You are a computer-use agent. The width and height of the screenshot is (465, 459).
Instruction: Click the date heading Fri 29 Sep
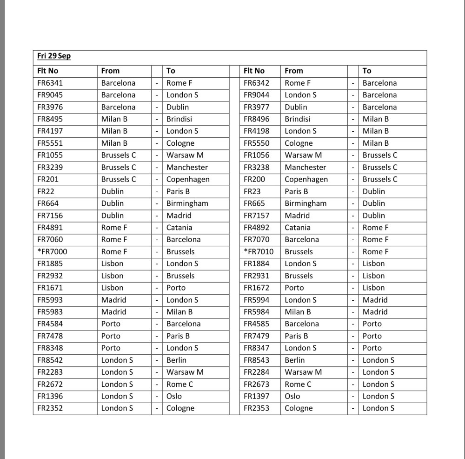point(54,56)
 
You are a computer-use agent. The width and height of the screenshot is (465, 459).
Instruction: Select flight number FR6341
point(50,83)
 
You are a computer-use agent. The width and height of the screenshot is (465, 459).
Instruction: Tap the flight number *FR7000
point(52,251)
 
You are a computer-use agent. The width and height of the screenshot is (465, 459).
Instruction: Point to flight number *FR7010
point(259,251)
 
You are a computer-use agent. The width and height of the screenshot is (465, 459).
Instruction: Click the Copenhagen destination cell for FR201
point(188,179)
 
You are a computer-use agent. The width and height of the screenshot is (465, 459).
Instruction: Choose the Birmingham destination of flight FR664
point(187,203)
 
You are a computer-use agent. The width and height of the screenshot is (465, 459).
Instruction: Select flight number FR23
point(250,191)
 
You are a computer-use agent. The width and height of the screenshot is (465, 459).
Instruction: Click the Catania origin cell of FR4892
point(297,228)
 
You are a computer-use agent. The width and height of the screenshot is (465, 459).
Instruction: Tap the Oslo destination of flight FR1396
point(174,396)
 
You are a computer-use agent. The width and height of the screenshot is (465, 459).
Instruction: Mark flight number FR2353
point(256,408)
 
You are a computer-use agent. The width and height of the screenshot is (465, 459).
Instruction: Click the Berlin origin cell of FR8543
point(295,360)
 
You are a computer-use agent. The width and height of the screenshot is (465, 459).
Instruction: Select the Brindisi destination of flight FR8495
point(179,119)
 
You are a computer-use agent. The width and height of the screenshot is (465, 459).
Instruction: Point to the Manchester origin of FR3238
point(305,167)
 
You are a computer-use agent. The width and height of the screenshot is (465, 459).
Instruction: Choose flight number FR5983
point(50,312)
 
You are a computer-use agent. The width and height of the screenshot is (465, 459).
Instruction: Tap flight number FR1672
point(256,288)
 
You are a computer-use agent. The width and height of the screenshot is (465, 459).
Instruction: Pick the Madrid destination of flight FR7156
point(179,216)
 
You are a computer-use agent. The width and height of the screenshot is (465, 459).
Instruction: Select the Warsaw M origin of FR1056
point(303,155)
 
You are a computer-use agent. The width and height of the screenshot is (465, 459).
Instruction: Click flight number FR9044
point(256,95)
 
